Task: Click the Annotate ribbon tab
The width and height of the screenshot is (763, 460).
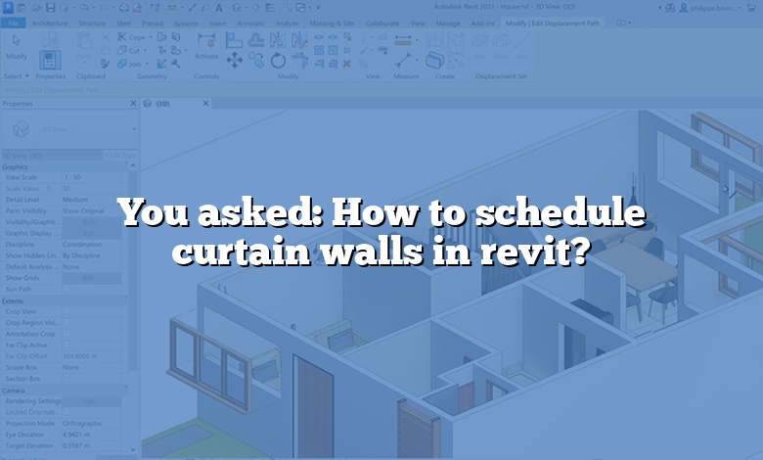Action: tap(250, 23)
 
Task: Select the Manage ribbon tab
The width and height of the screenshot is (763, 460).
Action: tap(448, 23)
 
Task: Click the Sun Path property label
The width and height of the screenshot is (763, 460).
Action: tap(19, 290)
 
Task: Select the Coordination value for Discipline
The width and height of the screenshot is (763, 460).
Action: tap(83, 245)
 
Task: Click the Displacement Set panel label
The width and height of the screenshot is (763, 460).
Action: tap(495, 75)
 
